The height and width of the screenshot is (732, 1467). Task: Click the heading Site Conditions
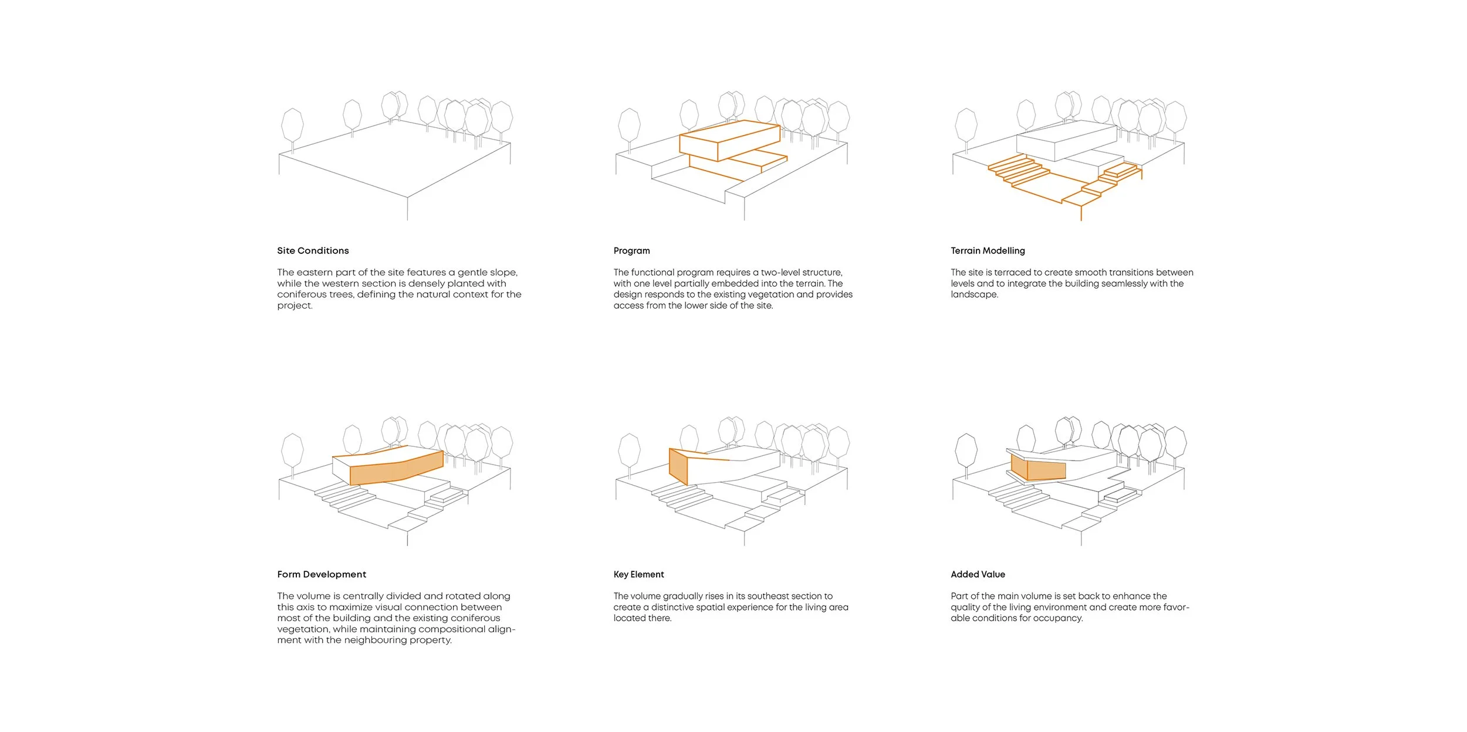click(313, 250)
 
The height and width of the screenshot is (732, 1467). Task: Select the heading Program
click(631, 250)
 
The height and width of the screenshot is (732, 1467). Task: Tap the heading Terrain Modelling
click(988, 250)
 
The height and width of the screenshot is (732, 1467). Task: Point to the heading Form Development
click(322, 574)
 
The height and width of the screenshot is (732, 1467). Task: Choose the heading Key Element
click(638, 574)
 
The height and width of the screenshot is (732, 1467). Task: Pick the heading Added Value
click(978, 574)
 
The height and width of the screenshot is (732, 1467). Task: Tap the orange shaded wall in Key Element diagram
click(678, 466)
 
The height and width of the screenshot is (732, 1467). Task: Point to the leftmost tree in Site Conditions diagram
click(292, 126)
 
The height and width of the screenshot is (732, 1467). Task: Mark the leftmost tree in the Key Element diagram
click(629, 452)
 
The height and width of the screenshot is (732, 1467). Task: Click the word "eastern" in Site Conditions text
click(315, 272)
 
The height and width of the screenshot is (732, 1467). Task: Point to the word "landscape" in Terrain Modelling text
click(974, 294)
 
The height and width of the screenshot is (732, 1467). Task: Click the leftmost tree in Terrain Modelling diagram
click(966, 126)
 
